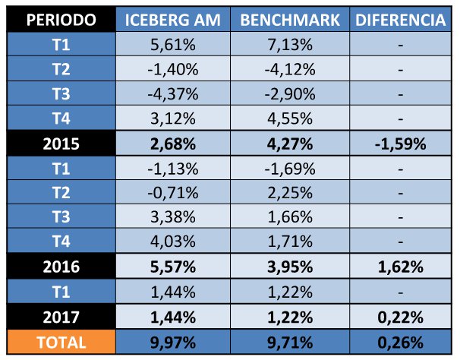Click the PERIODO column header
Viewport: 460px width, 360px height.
[60, 21]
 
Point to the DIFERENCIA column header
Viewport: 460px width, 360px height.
[399, 21]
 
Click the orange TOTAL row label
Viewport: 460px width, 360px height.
[60, 342]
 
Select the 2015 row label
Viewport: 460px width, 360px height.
[60, 144]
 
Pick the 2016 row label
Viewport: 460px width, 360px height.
[60, 267]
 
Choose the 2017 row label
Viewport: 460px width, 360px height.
[60, 317]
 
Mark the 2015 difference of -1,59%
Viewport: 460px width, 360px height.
[399, 144]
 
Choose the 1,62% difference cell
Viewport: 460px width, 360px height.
[399, 267]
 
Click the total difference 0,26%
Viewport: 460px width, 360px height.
[399, 342]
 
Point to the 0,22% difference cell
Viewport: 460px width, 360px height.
[399, 317]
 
